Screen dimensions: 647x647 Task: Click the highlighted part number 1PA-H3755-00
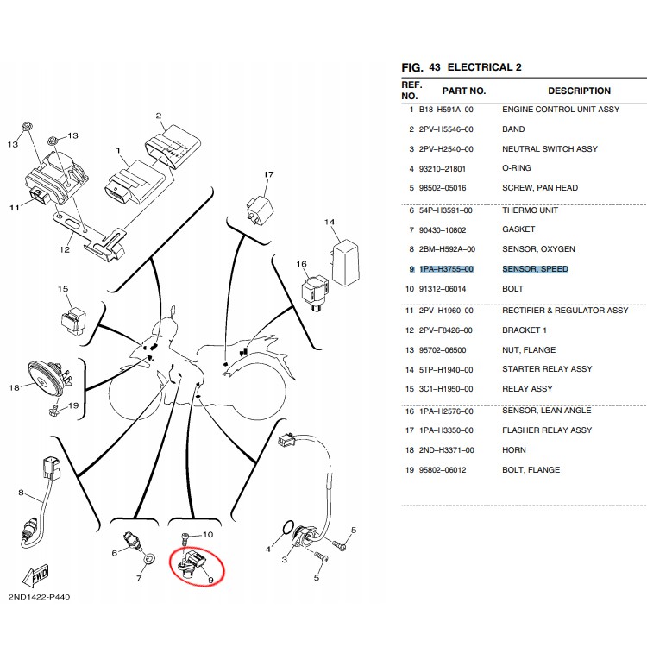point(446,269)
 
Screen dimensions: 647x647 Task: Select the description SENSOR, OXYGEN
point(538,249)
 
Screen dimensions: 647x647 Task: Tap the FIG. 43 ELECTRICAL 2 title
point(462,67)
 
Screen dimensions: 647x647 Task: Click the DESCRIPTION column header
point(579,91)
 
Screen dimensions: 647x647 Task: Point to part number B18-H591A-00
point(446,110)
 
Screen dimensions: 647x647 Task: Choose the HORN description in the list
point(514,450)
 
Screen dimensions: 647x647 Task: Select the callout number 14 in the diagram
point(329,223)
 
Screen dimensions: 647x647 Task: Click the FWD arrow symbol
point(37,575)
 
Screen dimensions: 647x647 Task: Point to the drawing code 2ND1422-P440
point(41,597)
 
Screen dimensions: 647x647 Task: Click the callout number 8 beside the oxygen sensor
point(20,493)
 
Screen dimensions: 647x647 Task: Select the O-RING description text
point(517,168)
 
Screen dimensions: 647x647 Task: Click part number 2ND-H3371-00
point(446,450)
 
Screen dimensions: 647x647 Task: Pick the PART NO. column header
point(464,91)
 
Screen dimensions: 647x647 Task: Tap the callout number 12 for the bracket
point(65,250)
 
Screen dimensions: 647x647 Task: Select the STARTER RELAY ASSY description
point(547,369)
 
